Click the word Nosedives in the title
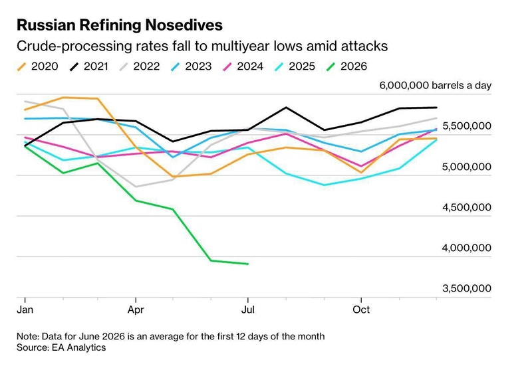click(x=184, y=25)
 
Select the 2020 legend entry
click(x=38, y=66)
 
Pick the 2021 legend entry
click(x=89, y=66)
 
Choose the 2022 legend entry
click(x=140, y=66)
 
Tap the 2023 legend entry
click(x=191, y=66)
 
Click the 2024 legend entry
click(x=243, y=66)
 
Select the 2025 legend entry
click(x=295, y=66)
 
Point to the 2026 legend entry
click(x=346, y=66)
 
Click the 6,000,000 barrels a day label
click(x=436, y=86)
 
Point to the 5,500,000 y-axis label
click(x=467, y=126)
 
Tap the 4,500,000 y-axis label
click(x=467, y=207)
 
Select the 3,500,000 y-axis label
click(x=467, y=288)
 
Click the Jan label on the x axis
click(x=25, y=310)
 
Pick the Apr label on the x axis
click(x=136, y=310)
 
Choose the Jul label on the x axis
click(x=248, y=310)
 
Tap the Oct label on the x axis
click(x=361, y=310)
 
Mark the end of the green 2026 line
click(x=248, y=264)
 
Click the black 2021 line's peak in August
click(x=286, y=108)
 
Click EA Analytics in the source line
click(x=78, y=347)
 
